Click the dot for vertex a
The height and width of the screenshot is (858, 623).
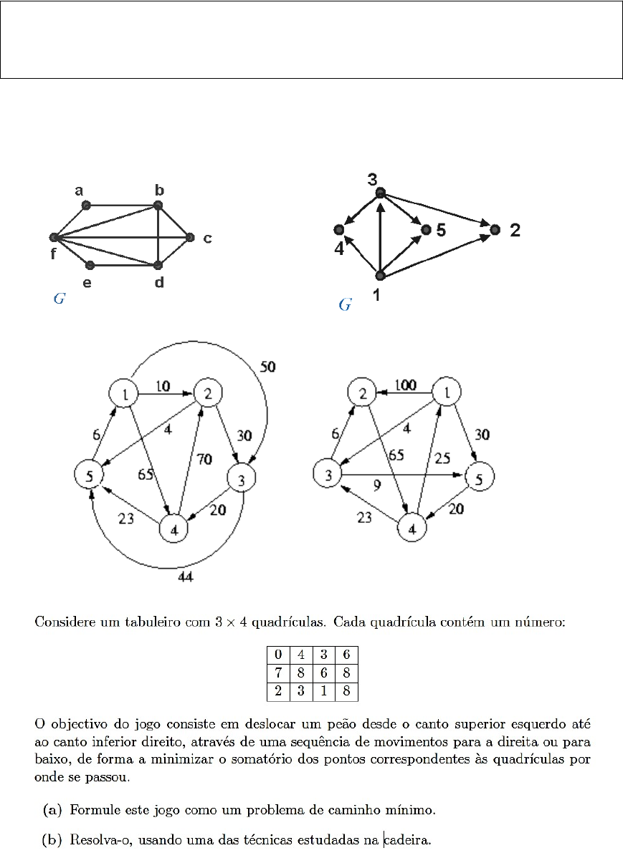coord(86,206)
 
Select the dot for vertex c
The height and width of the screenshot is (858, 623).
coord(189,237)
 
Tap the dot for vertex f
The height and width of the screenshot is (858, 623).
coord(54,237)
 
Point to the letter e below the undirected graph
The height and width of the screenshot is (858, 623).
coord(87,283)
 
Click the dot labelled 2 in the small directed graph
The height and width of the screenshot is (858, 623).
coord(494,230)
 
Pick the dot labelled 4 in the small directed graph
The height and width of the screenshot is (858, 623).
coord(338,230)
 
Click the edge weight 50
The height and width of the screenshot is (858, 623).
coord(267,367)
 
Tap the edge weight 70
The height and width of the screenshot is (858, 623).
coord(204,461)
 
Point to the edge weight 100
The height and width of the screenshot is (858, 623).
coord(405,386)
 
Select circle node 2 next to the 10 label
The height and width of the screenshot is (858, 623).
coord(209,392)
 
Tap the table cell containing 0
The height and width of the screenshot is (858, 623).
coord(277,654)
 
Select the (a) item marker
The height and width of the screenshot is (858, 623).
coord(52,810)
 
